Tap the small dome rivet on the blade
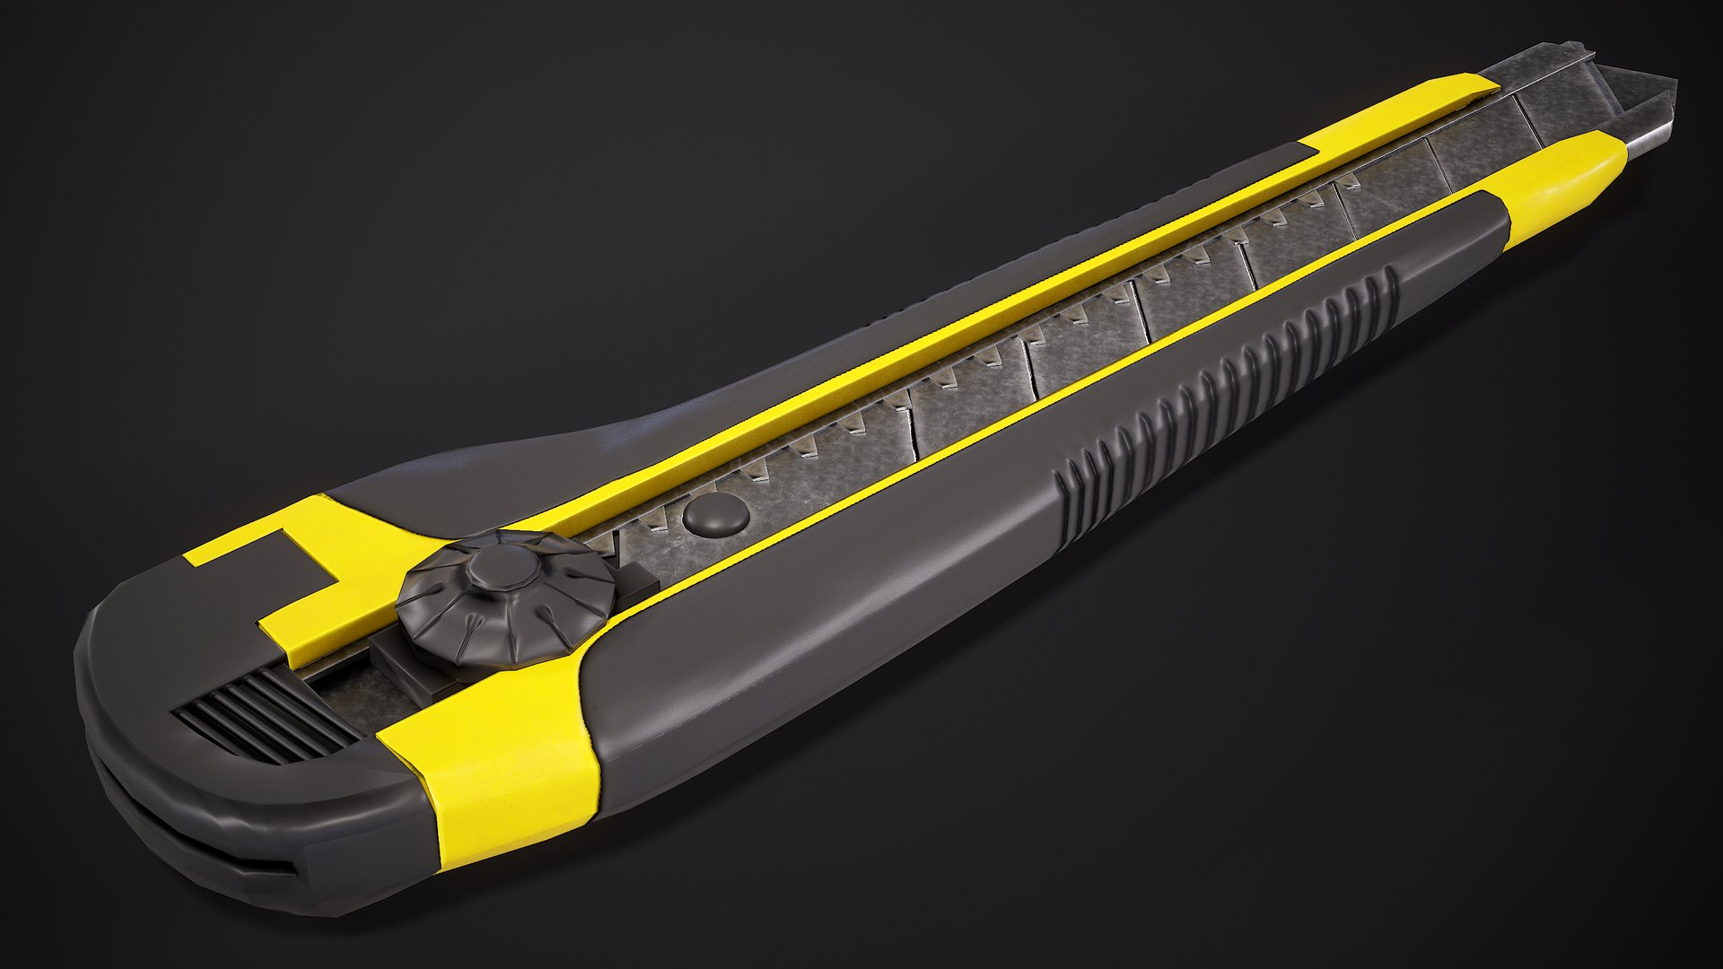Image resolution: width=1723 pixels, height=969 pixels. [x=715, y=516]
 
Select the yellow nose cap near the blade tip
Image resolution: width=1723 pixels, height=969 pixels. [x=1566, y=179]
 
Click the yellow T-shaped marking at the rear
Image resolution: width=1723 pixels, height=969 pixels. [x=287, y=574]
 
